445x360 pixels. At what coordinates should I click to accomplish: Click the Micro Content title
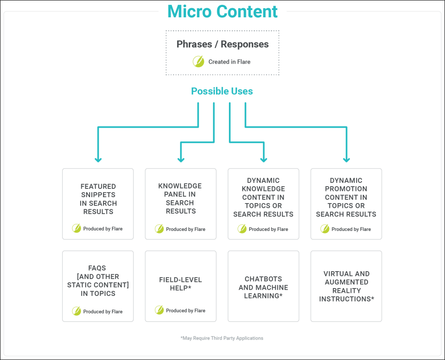(x=222, y=12)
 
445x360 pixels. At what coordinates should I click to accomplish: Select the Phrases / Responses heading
(x=222, y=44)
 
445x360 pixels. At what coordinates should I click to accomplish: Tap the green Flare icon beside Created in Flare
(x=198, y=62)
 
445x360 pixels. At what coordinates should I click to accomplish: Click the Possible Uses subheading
(x=222, y=91)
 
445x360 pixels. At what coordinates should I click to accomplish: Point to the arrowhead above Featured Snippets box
(x=98, y=159)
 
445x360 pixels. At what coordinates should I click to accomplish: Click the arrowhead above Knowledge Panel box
(x=181, y=159)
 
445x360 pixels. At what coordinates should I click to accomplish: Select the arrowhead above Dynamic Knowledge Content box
(x=264, y=159)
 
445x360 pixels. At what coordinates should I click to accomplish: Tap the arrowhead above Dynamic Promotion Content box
(x=347, y=159)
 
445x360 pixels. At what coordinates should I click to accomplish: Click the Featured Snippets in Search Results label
(x=98, y=199)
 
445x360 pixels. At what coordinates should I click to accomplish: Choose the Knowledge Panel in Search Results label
(x=180, y=198)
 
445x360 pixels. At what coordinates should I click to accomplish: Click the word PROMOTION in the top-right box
(x=346, y=189)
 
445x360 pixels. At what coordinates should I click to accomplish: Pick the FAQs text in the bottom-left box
(x=97, y=268)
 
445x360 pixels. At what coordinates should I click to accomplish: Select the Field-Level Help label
(x=181, y=284)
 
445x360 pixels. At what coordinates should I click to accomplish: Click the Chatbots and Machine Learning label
(x=263, y=287)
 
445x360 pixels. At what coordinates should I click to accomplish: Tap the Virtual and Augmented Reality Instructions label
(x=347, y=286)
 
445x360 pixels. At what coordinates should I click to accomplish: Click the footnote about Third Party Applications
(x=222, y=338)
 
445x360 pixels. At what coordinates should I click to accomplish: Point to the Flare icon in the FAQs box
(x=76, y=311)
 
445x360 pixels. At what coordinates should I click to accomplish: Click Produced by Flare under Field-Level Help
(x=186, y=311)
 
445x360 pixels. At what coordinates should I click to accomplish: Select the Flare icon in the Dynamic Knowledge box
(x=242, y=229)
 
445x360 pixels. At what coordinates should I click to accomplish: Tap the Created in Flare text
(x=229, y=62)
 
